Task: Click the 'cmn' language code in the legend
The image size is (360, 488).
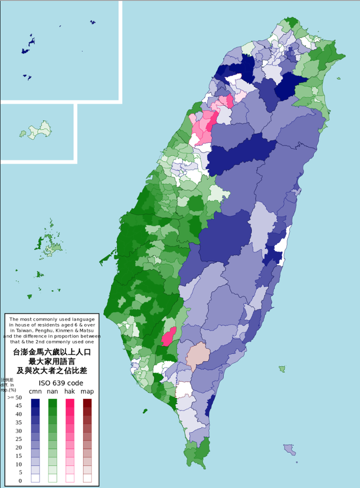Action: click(x=35, y=391)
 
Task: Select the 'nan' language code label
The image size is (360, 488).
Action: click(x=52, y=391)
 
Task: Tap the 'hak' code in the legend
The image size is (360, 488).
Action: click(x=69, y=391)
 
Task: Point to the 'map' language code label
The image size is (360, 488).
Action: click(x=87, y=391)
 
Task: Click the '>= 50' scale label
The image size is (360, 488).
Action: click(x=14, y=397)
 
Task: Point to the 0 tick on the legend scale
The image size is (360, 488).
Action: click(x=19, y=481)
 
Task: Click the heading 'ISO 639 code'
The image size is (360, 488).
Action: click(x=61, y=383)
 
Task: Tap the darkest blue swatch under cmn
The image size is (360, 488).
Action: click(x=35, y=402)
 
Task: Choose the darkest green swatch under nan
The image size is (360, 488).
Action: click(x=52, y=402)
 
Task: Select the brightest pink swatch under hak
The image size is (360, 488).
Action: click(x=69, y=402)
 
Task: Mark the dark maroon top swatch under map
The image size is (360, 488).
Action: click(x=87, y=402)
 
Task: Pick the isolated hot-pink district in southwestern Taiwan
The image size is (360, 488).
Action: click(x=169, y=336)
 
